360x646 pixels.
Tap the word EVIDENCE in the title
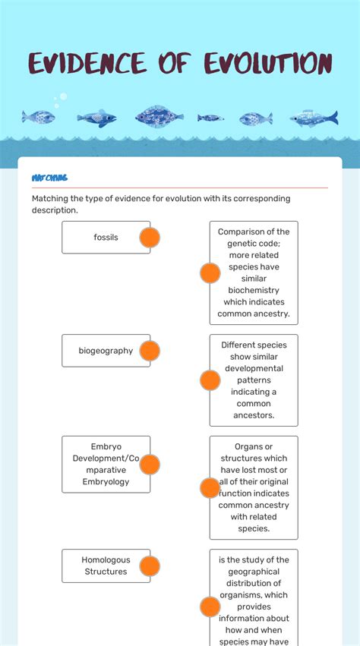coord(87,64)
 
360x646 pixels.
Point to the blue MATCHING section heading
coord(49,178)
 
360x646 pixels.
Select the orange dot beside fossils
coord(150,238)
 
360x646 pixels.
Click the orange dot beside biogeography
coord(150,351)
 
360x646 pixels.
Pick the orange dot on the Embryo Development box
coord(150,465)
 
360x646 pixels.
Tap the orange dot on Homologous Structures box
coord(150,566)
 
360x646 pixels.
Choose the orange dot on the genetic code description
coord(210,273)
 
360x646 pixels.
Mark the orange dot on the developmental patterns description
coord(210,380)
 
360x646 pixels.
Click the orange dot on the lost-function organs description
coord(210,488)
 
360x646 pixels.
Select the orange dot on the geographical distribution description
coord(210,607)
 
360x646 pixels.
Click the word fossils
coord(106,238)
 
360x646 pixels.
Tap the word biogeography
coord(106,351)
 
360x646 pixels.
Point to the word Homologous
coord(106,560)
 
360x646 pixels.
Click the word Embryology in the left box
coord(106,482)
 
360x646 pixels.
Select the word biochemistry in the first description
coord(254,291)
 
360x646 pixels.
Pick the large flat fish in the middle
coord(159,116)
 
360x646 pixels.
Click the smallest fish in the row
coord(210,118)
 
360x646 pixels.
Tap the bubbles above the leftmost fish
coord(60,99)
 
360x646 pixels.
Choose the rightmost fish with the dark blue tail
coord(314,117)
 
